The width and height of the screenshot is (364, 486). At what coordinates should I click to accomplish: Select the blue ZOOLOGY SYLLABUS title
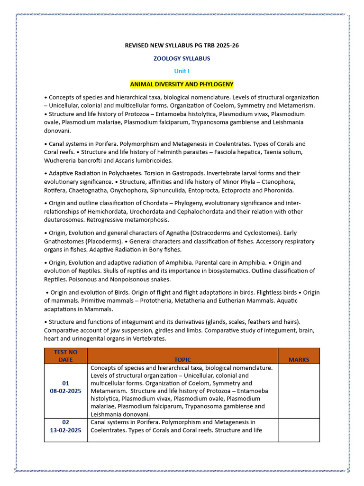click(182, 58)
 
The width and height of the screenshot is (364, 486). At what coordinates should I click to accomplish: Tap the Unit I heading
click(182, 71)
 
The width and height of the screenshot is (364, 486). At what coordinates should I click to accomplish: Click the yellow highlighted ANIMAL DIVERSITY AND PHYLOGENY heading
click(182, 84)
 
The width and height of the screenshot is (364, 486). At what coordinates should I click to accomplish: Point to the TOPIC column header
click(182, 360)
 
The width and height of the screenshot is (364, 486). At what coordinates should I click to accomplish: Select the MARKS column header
click(299, 360)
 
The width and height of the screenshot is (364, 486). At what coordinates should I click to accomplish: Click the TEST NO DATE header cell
click(65, 356)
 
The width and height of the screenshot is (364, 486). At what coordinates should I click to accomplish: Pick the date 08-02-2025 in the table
click(65, 391)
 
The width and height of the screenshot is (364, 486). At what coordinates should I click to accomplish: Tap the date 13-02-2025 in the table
click(65, 430)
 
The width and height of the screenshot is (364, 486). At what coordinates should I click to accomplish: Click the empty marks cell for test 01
click(299, 391)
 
